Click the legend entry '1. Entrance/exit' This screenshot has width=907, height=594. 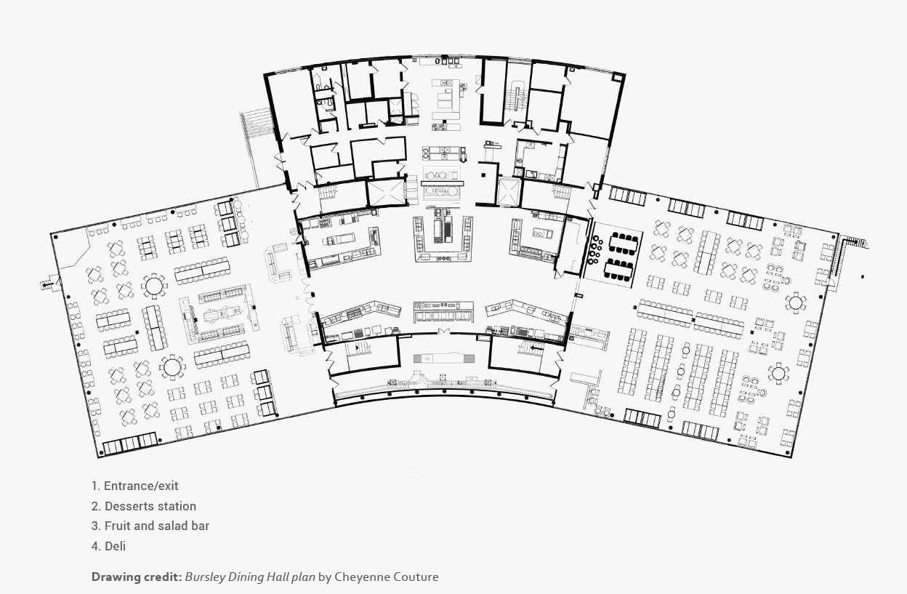click(134, 486)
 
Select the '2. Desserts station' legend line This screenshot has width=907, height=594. click(144, 506)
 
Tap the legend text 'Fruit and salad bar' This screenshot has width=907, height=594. click(157, 526)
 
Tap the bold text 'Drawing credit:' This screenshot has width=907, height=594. click(136, 577)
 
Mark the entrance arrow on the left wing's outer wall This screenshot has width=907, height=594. click(47, 285)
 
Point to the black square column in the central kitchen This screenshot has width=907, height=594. click(482, 175)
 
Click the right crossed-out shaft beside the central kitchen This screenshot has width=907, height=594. click(508, 191)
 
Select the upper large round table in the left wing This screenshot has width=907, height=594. click(154, 284)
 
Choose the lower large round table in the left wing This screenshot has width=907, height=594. click(172, 366)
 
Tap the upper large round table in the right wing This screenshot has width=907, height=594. click(795, 302)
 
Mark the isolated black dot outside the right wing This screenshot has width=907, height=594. click(863, 276)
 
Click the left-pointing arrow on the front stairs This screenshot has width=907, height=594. click(535, 348)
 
